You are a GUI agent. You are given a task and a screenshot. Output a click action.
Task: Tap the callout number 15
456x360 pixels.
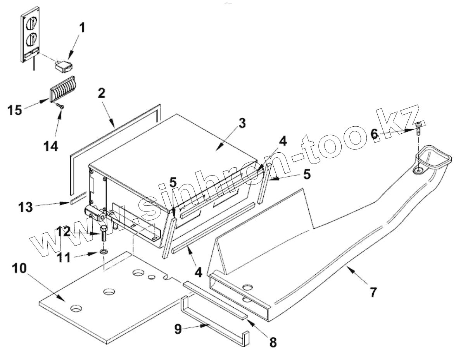pos(15,110)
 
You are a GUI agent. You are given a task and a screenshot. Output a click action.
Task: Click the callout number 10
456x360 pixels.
pos(19,268)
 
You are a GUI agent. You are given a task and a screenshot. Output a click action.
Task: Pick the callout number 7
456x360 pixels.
pos(373,292)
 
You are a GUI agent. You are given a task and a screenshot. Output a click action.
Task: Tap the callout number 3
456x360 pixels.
pos(242,124)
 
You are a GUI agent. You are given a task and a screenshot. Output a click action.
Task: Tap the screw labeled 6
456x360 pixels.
pos(419,127)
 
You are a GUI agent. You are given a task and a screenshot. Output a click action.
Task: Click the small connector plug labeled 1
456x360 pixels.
pos(64,66)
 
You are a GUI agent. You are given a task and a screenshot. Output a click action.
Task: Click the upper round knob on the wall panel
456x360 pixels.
pos(30,23)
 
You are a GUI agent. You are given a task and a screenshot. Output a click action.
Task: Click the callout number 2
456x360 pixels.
pos(102,93)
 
